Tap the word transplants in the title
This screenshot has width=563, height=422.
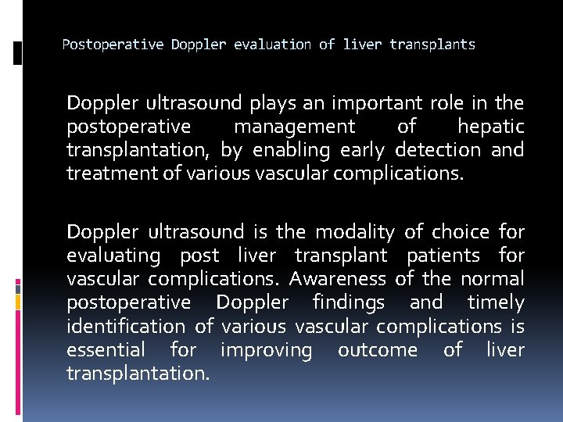[432, 45]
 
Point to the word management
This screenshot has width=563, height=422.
[295, 127]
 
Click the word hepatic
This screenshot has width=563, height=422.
[490, 127]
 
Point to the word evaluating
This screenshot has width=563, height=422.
[113, 256]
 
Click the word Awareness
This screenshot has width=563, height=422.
[338, 279]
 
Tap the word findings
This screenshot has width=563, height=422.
[348, 302]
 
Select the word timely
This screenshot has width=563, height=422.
[495, 302]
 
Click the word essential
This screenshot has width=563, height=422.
[106, 349]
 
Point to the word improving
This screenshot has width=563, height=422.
[266, 349]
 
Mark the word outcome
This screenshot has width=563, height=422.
[378, 349]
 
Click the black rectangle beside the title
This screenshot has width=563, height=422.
[17, 53]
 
